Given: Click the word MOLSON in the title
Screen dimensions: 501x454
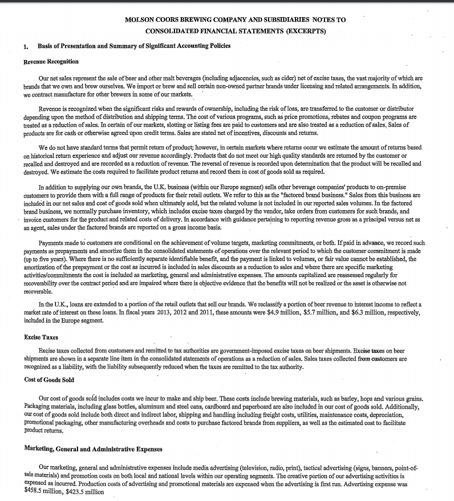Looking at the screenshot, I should tap(140, 19).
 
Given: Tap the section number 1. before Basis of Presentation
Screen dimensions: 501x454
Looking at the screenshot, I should tap(26, 46).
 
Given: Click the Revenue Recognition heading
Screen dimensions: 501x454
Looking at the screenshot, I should tap(51, 61).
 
